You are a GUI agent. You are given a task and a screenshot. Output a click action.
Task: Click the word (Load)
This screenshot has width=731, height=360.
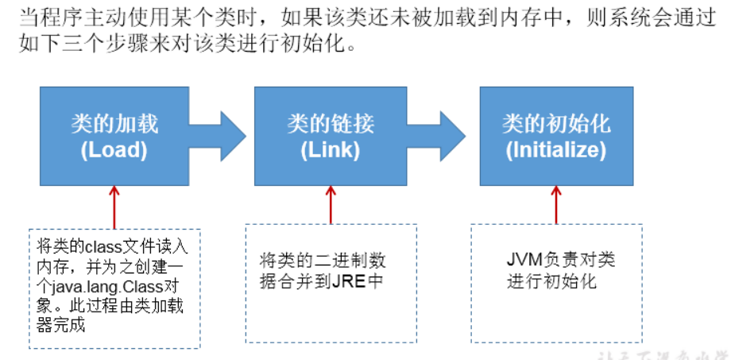114,150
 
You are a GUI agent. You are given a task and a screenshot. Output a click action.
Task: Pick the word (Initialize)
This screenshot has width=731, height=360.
556,150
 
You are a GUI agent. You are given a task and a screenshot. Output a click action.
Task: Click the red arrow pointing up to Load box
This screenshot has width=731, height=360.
114,205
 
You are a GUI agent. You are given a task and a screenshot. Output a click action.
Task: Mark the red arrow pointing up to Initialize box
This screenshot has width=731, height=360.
556,205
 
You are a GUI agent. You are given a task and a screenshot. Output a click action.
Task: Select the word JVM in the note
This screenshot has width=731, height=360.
522,261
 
